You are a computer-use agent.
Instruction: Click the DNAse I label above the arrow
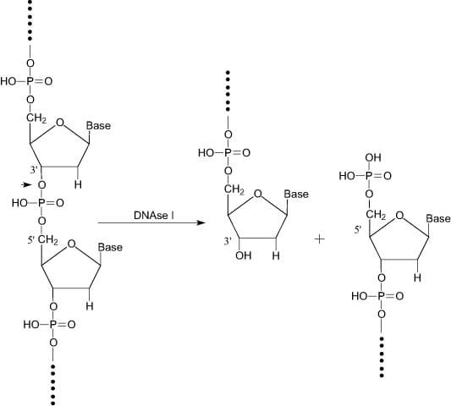(x=154, y=216)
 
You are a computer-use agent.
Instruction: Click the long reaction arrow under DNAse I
(x=151, y=222)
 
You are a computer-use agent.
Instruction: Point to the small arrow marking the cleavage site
(x=26, y=184)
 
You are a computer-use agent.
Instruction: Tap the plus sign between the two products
(x=320, y=239)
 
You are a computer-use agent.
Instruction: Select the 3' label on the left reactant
(x=34, y=170)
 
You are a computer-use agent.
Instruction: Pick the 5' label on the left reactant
(x=31, y=240)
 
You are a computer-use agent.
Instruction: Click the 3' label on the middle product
(x=228, y=241)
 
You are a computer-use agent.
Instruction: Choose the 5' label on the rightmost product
(x=358, y=229)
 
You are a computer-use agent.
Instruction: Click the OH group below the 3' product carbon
(x=244, y=255)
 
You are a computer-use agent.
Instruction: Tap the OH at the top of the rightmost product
(x=373, y=157)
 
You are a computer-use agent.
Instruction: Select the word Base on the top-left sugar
(x=98, y=126)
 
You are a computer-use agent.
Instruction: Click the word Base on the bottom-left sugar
(x=110, y=247)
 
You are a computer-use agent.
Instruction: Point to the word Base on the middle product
(x=296, y=194)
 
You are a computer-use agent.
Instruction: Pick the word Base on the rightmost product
(x=438, y=218)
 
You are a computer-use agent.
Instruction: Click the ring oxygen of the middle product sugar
(x=258, y=194)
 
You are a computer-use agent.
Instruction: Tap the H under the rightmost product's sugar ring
(x=417, y=277)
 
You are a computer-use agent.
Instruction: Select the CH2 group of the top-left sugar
(x=36, y=118)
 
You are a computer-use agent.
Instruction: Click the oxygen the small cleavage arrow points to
(x=42, y=185)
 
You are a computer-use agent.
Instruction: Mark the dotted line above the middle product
(x=228, y=91)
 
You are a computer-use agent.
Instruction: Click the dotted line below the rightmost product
(x=382, y=357)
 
